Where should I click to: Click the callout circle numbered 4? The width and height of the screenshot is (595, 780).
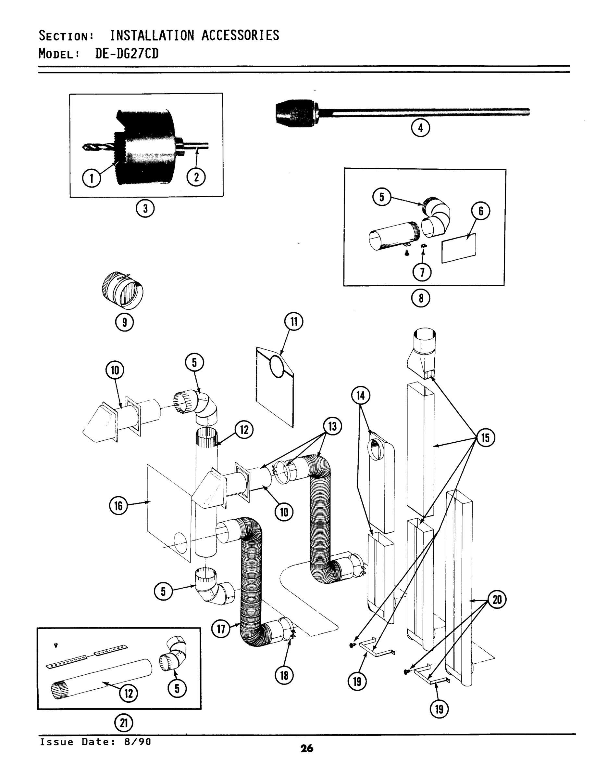pos(420,128)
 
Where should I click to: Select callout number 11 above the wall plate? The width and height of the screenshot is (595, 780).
pos(294,321)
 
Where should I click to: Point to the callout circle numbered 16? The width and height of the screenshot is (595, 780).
pos(118,506)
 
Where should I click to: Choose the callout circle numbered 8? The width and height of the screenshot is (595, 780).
pos(420,298)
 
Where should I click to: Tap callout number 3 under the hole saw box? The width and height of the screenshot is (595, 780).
pos(145,208)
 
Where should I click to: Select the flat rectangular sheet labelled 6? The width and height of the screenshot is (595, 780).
pos(459,248)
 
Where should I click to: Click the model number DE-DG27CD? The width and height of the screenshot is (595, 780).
pos(127,54)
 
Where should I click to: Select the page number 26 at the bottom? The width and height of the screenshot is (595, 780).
pos(307,748)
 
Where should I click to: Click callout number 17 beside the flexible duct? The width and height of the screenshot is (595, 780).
pos(221,629)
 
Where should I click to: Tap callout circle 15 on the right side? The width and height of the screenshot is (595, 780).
pos(485,437)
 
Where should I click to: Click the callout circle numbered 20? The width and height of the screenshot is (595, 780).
pos(497,600)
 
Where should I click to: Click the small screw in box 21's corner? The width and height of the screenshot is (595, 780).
pos(55,645)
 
